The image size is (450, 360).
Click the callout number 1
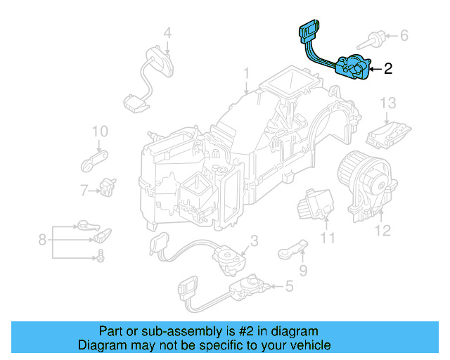coord(246,74)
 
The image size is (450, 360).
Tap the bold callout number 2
coord(388,69)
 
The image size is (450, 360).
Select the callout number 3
coord(254,241)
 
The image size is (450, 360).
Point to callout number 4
coord(167,32)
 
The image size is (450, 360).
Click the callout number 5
coord(288,286)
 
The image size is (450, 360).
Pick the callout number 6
coord(404,34)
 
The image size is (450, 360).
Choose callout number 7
coord(84,190)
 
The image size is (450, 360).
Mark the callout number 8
coord(43,240)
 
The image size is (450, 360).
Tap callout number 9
coord(303,270)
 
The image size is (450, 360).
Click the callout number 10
coord(99,131)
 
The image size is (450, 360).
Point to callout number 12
coord(382,230)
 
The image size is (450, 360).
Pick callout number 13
coord(389,103)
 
